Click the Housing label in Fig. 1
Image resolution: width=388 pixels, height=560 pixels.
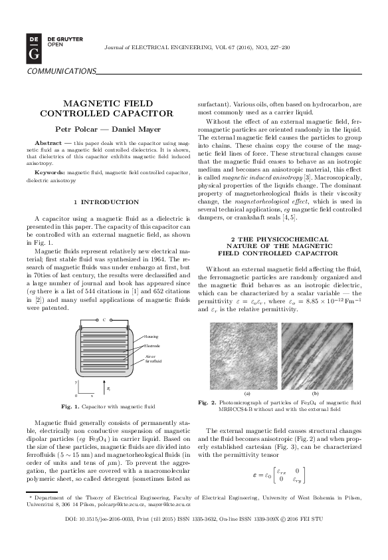pyautogui.click(x=151, y=337)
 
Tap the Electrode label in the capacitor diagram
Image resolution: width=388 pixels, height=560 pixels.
pyautogui.click(x=153, y=346)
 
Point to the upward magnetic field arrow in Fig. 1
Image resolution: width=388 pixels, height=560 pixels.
pyautogui.click(x=106, y=386)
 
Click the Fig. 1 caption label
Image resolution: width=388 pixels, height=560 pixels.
pyautogui.click(x=70, y=406)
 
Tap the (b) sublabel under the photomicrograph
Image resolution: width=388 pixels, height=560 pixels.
pyautogui.click(x=316, y=394)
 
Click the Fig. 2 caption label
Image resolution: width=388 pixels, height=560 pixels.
pyautogui.click(x=207, y=402)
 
